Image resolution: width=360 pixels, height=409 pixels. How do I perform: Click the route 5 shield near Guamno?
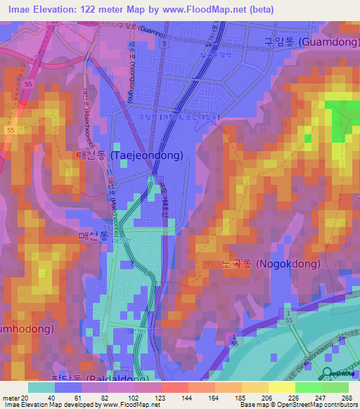pyautogui.click(x=164, y=44)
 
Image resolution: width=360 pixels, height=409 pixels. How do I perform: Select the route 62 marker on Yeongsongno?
pyautogui.click(x=131, y=44)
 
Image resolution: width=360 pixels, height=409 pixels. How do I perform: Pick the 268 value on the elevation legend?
pyautogui.click(x=345, y=398)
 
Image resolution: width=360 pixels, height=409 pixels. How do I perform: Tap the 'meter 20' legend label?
pyautogui.click(x=13, y=398)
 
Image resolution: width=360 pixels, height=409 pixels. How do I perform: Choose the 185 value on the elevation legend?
pyautogui.click(x=231, y=398)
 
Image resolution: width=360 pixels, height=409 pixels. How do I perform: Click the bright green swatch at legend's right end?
pyautogui.click(x=335, y=387)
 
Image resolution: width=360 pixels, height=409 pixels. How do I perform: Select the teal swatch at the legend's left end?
pyautogui.click(x=41, y=387)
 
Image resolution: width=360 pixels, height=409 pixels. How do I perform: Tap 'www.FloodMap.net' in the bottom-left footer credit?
pyautogui.click(x=130, y=405)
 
